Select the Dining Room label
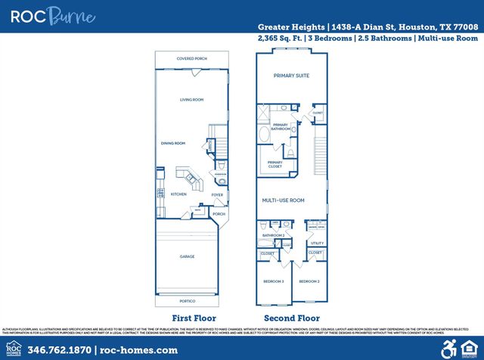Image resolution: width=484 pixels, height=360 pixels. (x=173, y=143)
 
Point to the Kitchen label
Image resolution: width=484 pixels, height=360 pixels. (x=178, y=194)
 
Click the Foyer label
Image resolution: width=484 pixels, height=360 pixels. (x=217, y=194)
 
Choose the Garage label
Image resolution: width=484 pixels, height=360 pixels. (x=187, y=256)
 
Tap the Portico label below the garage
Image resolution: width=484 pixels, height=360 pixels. (x=187, y=300)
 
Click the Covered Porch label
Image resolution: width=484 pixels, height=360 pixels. (x=191, y=58)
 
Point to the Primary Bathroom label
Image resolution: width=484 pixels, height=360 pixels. (x=281, y=126)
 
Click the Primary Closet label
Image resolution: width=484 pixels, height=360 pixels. (x=275, y=164)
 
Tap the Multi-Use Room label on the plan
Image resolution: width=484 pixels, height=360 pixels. (x=283, y=200)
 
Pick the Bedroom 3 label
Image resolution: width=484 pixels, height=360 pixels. (x=273, y=281)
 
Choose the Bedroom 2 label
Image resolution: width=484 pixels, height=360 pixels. (x=309, y=281)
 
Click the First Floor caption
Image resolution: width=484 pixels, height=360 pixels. (x=194, y=318)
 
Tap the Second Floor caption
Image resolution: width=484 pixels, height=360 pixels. (x=291, y=318)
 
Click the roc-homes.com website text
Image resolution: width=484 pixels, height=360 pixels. (x=138, y=350)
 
